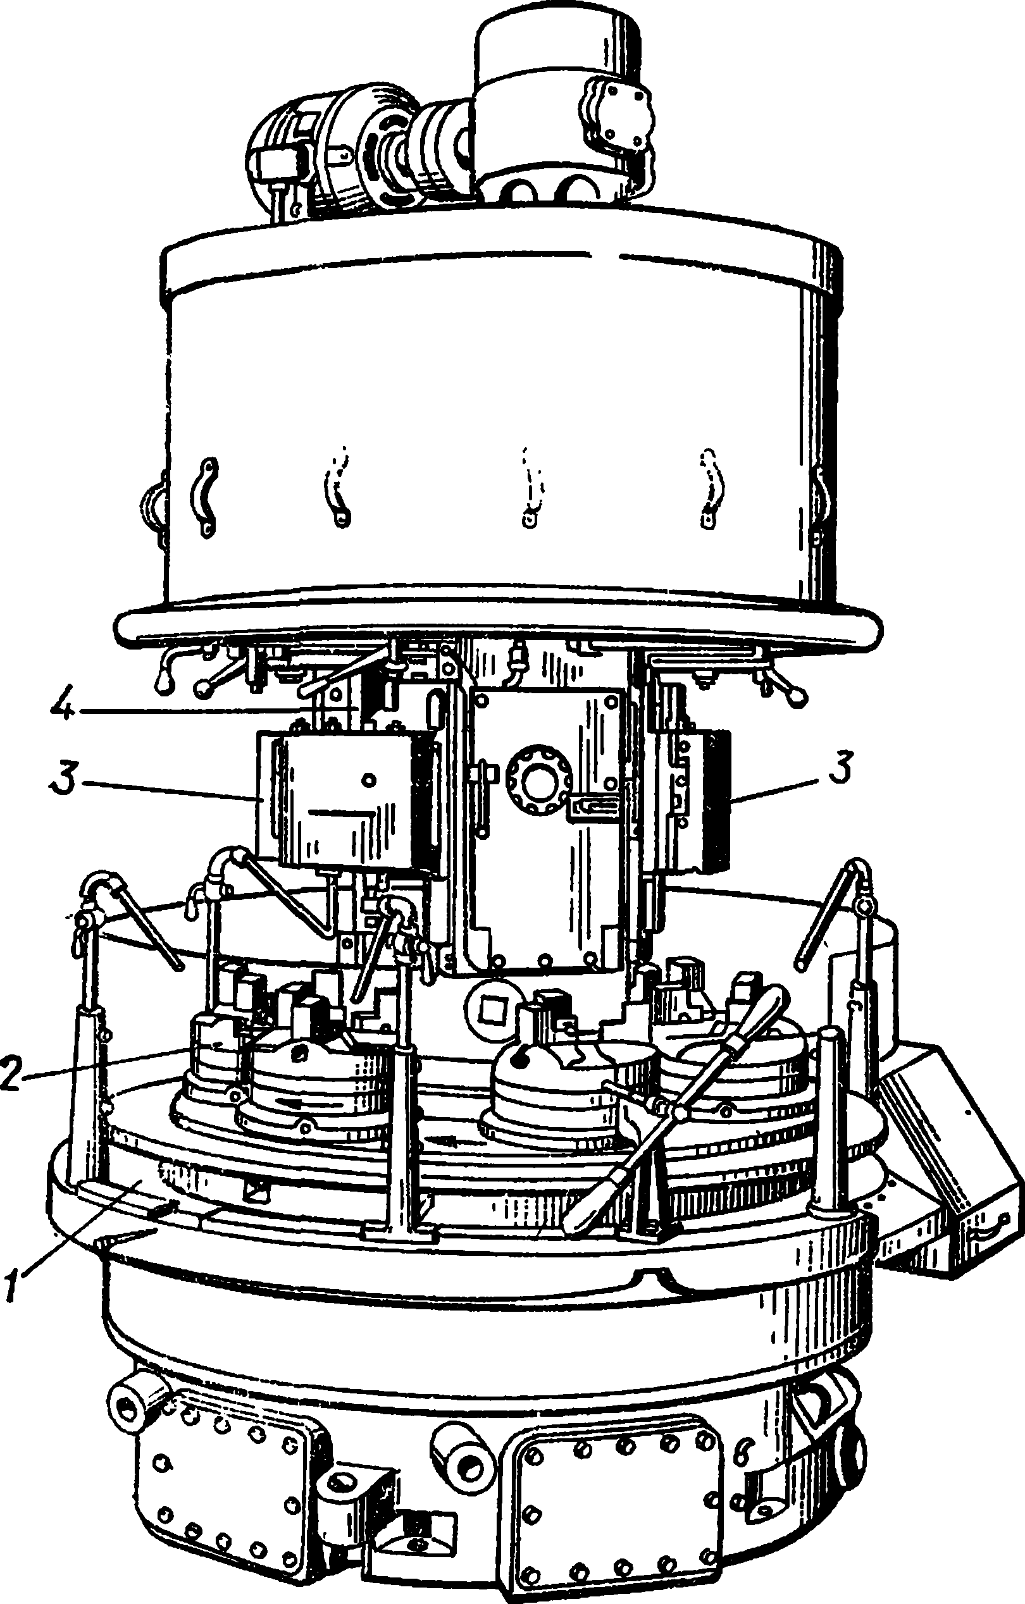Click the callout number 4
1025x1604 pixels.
pyautogui.click(x=63, y=709)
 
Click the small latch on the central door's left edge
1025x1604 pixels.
pyautogui.click(x=483, y=775)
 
